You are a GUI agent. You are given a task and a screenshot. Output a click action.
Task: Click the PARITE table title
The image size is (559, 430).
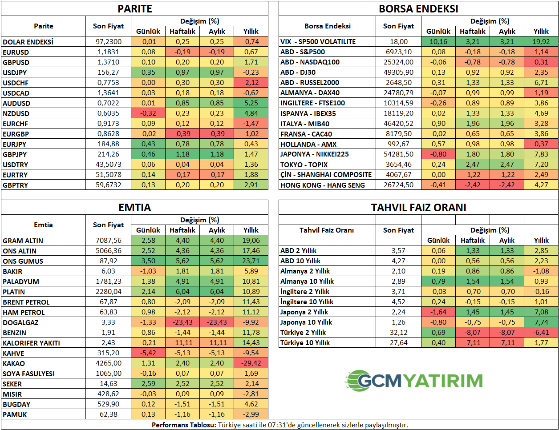point(134,9)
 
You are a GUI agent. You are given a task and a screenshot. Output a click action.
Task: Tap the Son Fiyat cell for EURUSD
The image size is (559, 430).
point(108,52)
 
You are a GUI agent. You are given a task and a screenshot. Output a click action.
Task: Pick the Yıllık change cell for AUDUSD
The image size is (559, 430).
point(251,103)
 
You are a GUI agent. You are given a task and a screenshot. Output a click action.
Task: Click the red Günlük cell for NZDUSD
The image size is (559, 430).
point(148,113)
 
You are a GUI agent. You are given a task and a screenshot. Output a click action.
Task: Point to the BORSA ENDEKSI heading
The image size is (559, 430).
point(418,9)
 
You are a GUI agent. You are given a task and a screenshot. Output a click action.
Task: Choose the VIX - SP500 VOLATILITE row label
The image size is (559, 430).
point(318,42)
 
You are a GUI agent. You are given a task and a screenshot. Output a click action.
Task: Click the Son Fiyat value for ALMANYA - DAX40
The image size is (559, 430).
point(398,93)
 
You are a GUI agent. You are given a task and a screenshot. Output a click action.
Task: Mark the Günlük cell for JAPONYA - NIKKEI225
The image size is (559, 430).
point(438,154)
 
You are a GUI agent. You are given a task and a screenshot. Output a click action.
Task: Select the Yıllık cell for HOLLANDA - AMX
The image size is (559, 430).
point(541,144)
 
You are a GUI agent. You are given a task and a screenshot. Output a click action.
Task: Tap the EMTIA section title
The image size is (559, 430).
point(134,208)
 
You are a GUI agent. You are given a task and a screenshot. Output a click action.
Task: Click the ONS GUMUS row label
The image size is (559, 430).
point(23,261)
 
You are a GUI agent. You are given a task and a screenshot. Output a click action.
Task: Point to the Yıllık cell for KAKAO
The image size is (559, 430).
point(251,363)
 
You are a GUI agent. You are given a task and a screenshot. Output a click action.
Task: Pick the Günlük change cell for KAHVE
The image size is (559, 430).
point(148,353)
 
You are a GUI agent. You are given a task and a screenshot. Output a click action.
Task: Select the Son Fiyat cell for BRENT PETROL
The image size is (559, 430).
point(108,302)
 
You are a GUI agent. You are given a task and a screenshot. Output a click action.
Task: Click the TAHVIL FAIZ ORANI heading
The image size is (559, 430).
point(418,208)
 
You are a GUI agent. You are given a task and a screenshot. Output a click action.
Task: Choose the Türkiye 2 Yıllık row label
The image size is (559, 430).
point(303,333)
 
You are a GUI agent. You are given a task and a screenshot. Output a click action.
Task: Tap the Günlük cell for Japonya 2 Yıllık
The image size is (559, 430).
point(438,312)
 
